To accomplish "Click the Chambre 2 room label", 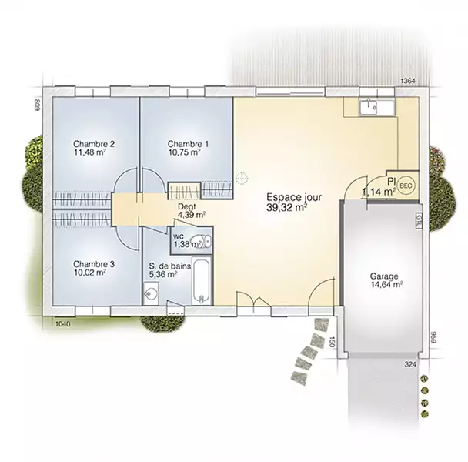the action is pos(94,144).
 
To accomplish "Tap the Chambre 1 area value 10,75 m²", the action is pos(184,152).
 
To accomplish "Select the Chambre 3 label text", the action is pos(94,264).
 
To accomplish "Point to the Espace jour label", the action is pos(294,197).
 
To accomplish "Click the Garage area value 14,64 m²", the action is pos(387,285).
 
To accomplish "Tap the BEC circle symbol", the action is pos(406,186).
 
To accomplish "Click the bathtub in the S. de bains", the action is pos(202,280).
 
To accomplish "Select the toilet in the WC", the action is pos(202,241).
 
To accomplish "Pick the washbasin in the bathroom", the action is pos(151,293).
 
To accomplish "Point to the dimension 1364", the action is pos(407,81).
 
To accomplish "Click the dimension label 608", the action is pos(37,105).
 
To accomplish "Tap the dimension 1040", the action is pos(63,323).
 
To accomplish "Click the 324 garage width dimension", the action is pos(410,364).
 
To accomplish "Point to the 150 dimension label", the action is pos(331,341).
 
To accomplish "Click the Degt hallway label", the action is pos(187,206).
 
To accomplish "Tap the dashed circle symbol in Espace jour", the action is pos(242,178).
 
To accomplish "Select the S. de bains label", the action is pos(170,266).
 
